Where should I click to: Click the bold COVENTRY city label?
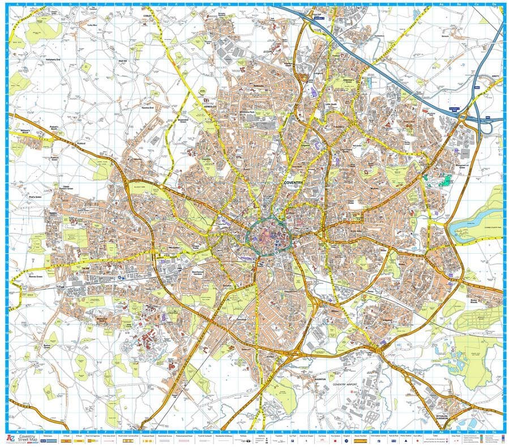point(294,182)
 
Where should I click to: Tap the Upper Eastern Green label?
point(69,187)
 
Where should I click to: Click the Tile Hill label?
point(86,268)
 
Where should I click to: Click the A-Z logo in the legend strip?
point(10,437)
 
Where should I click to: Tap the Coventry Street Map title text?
point(29,437)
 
